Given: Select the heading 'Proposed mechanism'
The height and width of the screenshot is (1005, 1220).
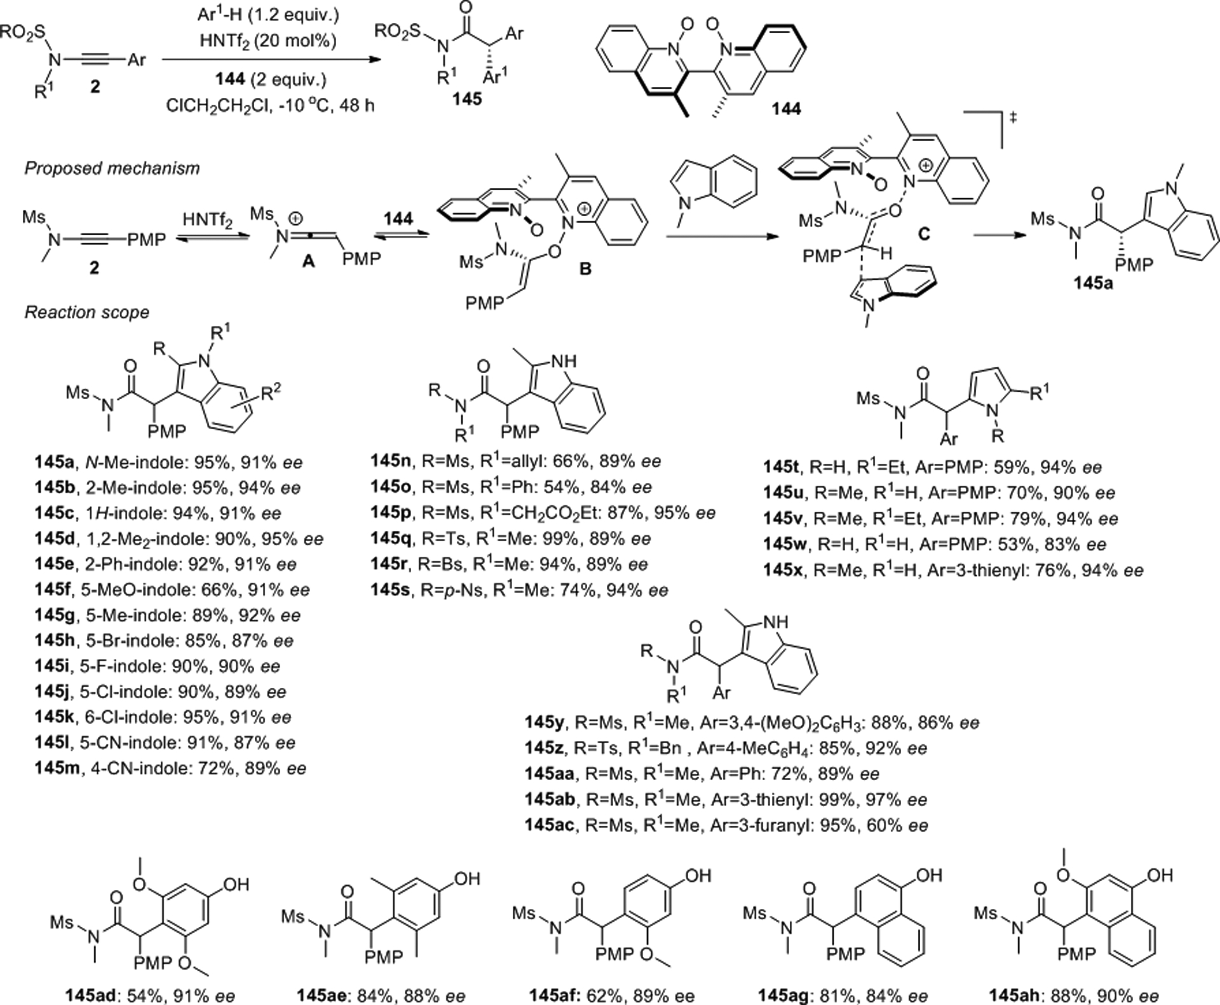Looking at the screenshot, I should [x=112, y=168].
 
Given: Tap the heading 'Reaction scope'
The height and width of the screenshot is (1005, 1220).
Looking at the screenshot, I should [x=87, y=312].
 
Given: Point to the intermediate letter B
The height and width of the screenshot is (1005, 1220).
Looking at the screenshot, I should [x=585, y=269].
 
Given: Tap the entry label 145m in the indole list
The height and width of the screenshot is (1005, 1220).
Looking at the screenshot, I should [x=57, y=769].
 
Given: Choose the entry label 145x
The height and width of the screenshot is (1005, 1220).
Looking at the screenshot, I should [x=784, y=570].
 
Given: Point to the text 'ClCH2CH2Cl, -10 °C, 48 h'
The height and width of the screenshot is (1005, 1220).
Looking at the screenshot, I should [x=270, y=105].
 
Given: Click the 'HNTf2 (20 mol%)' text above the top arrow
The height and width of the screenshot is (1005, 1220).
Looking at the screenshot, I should [x=268, y=41].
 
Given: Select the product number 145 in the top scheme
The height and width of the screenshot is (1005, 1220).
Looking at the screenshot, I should [x=467, y=99].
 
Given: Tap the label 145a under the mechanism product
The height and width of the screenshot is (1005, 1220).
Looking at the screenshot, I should [x=1094, y=284].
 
